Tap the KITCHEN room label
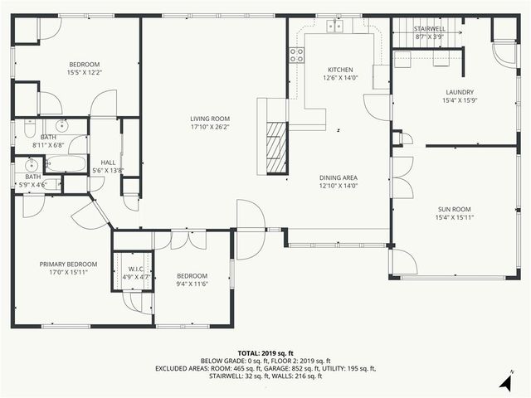(340, 70)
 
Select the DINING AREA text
(339, 177)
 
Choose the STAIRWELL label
(430, 29)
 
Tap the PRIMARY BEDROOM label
(68, 265)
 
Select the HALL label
(108, 163)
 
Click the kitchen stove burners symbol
(295, 55)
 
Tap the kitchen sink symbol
(335, 26)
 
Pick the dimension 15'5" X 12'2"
(85, 73)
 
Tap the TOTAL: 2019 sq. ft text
(265, 352)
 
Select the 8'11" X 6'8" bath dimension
(49, 145)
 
